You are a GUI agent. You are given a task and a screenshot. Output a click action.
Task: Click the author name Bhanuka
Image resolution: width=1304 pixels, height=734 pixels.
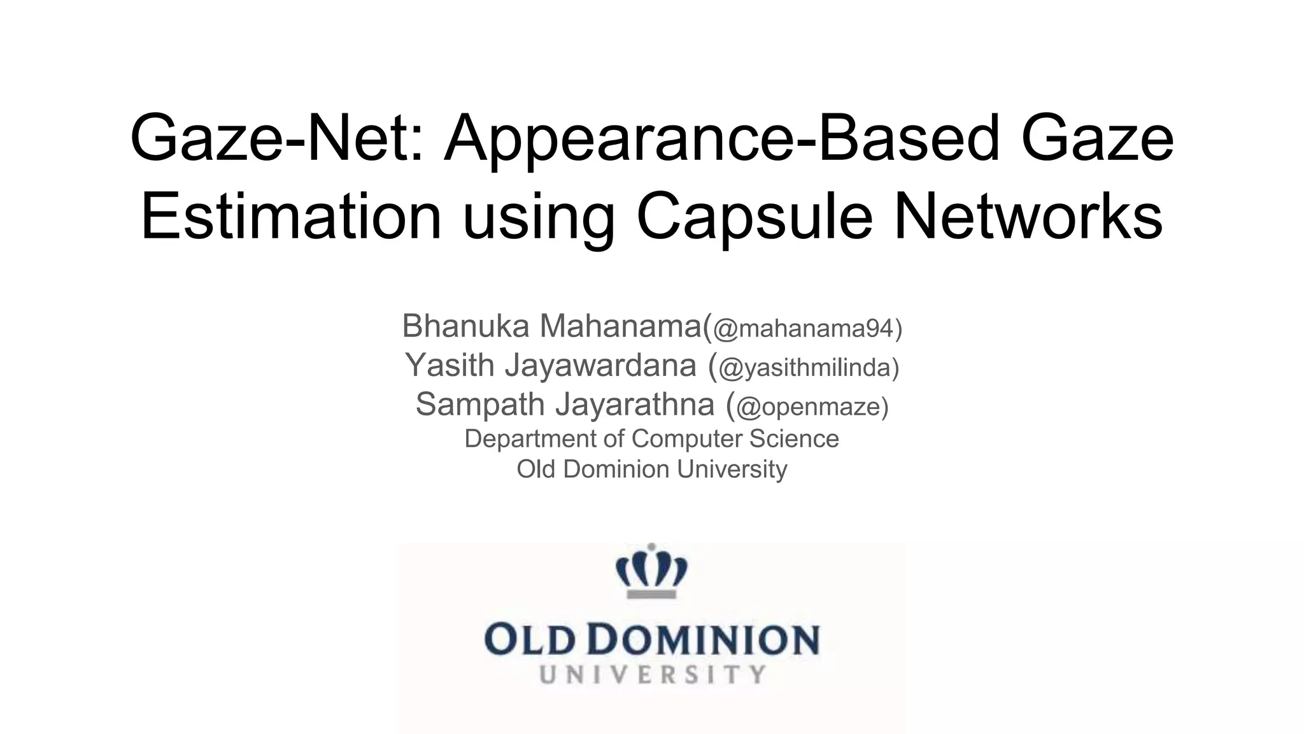[x=465, y=326]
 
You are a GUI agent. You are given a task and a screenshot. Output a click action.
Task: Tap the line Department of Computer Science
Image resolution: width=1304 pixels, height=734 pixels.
[x=651, y=438]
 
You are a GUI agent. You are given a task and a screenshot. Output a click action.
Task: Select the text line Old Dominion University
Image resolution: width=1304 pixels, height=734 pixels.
[x=651, y=469]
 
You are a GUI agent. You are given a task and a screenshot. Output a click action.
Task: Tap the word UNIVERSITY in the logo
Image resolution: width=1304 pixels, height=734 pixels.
[x=652, y=675]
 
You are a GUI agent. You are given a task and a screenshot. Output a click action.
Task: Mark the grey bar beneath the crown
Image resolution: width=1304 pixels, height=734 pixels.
[x=651, y=594]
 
